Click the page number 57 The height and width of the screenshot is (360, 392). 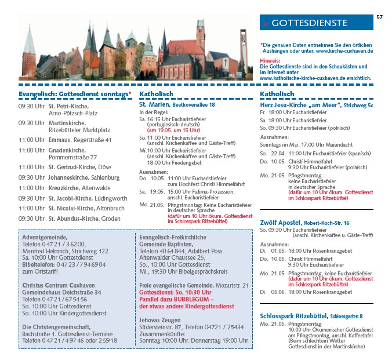pos(379,17)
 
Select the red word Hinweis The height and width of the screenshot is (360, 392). pos(270,60)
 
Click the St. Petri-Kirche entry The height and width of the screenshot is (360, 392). pos(68,107)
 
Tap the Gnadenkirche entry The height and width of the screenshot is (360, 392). pos(68,150)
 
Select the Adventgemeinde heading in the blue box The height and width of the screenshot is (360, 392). pos(45,238)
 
